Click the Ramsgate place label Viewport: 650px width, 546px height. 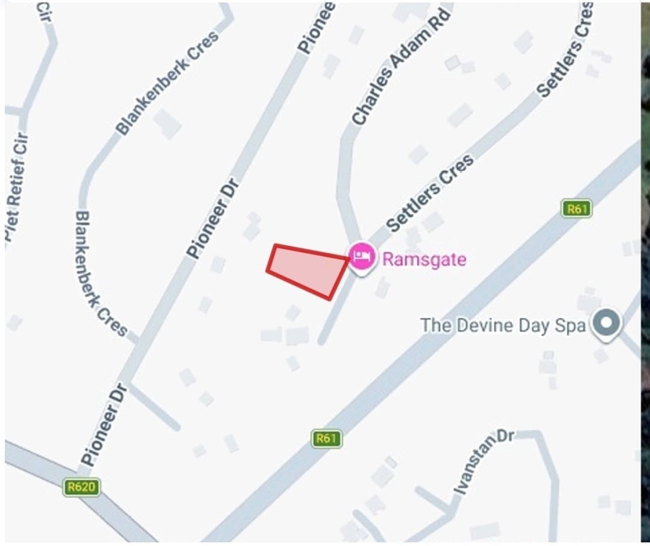click(424, 259)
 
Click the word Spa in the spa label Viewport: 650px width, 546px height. click(570, 325)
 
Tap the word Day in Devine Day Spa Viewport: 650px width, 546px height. click(536, 326)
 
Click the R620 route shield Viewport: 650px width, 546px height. click(81, 487)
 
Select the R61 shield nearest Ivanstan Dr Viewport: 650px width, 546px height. click(326, 438)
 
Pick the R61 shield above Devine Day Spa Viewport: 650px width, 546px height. click(577, 209)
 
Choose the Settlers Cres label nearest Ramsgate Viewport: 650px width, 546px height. click(430, 193)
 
